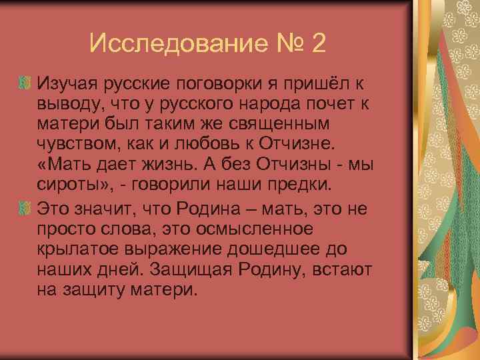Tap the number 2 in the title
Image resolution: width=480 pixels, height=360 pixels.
point(318,44)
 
